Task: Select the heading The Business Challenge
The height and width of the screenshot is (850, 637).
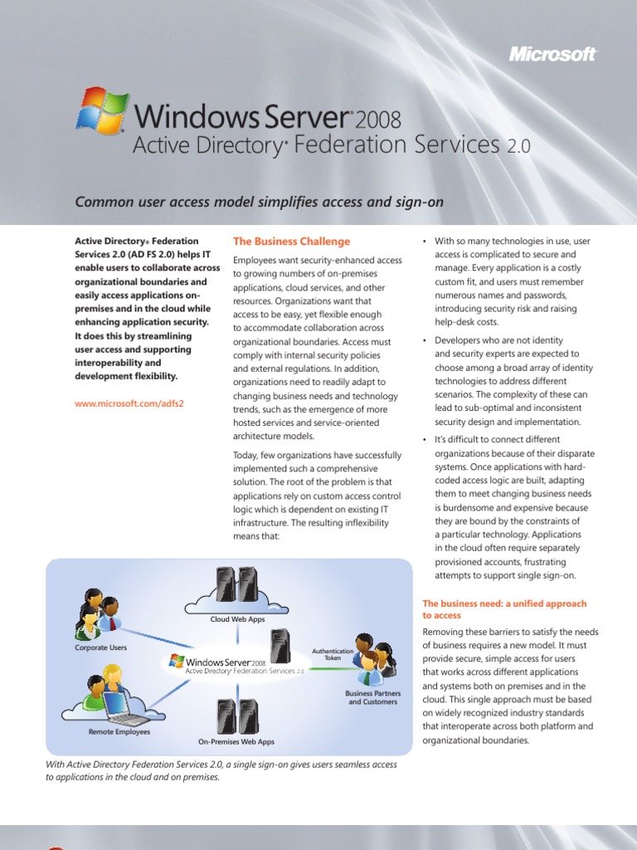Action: [291, 242]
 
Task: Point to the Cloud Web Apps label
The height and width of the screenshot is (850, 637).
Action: [237, 619]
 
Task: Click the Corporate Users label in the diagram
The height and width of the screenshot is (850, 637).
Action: [100, 647]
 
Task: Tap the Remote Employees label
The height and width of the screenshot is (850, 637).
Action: [119, 732]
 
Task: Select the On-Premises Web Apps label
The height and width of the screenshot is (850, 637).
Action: [236, 741]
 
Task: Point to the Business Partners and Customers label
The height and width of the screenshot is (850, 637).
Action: [373, 697]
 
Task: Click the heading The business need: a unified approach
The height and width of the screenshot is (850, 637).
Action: [504, 609]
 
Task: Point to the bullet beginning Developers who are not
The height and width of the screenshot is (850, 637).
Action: [513, 381]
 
